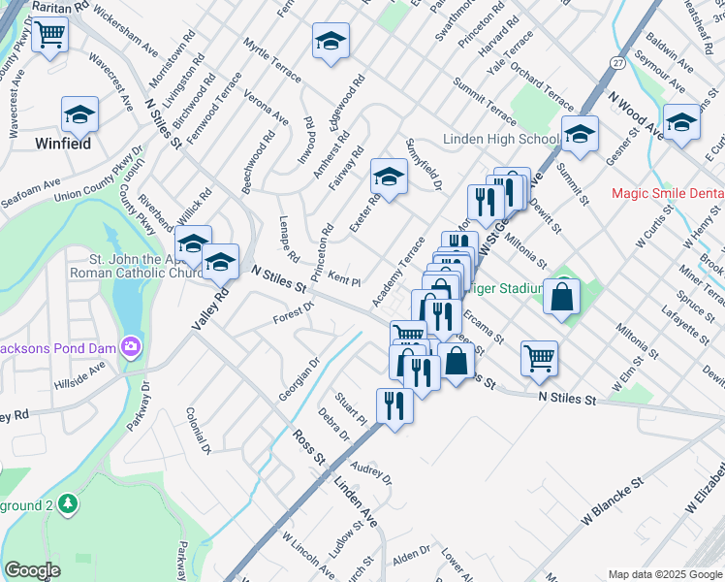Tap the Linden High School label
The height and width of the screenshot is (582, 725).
[501, 140]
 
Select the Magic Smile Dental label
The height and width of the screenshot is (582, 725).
[668, 193]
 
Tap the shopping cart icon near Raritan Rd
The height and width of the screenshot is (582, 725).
[49, 36]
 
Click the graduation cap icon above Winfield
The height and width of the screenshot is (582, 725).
[79, 116]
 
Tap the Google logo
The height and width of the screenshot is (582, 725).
[33, 570]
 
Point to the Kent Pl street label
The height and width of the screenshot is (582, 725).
[344, 281]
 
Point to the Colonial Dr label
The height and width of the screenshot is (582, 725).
[198, 430]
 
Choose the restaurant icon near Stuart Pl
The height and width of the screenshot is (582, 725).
[394, 406]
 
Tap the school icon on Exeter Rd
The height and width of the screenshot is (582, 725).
[389, 178]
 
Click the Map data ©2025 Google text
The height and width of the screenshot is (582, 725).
[665, 574]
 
